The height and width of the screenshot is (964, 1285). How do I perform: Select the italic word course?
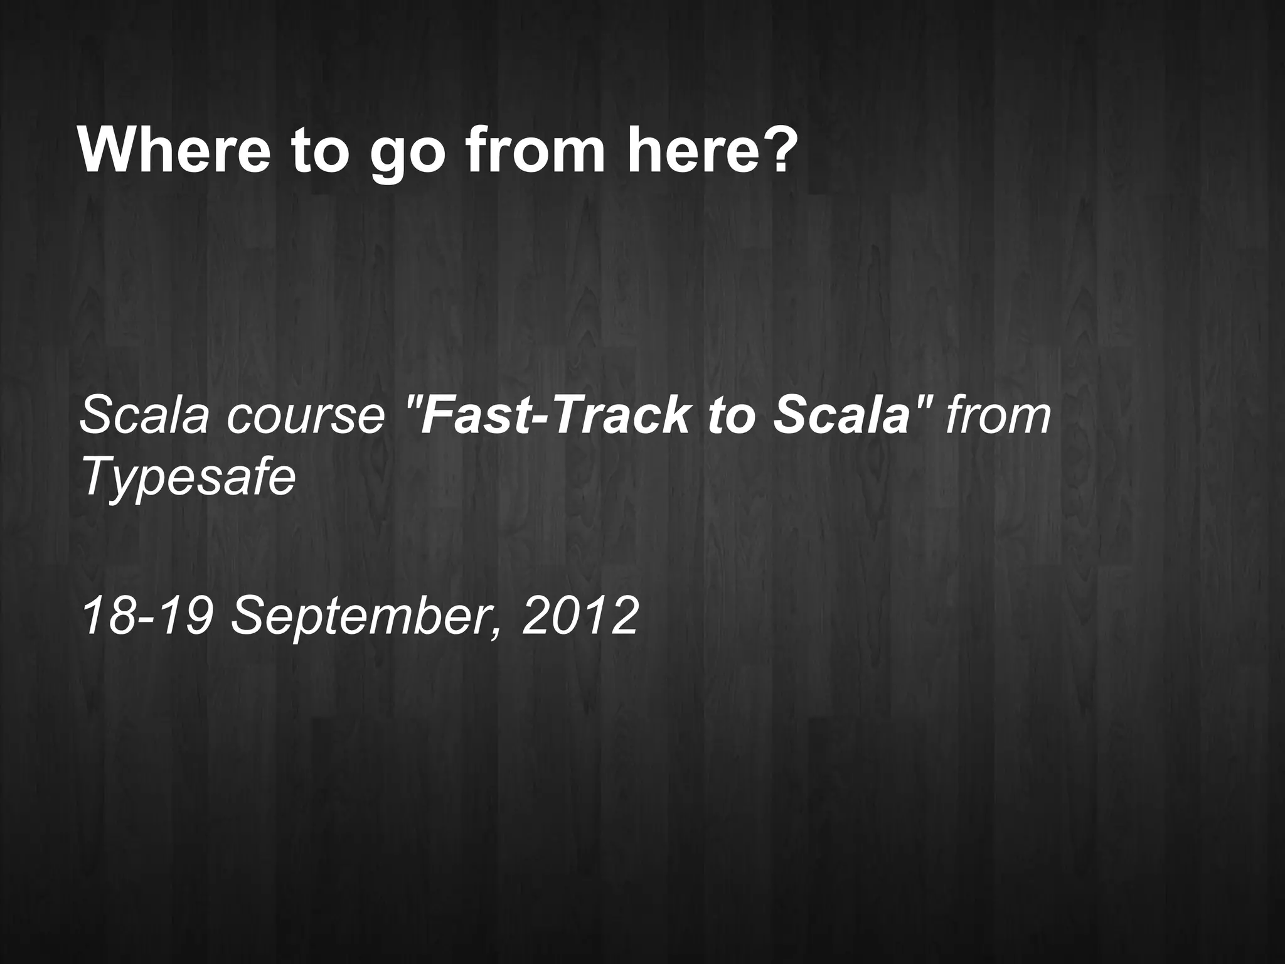(x=306, y=417)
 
